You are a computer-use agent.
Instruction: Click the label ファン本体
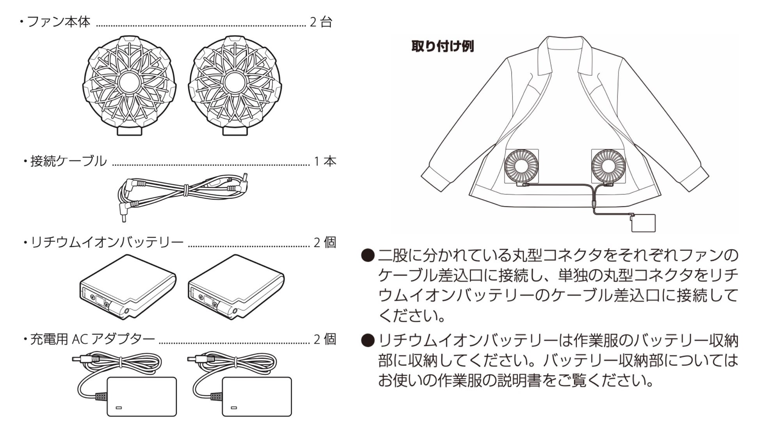[59, 22]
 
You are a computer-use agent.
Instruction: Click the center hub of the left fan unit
[129, 83]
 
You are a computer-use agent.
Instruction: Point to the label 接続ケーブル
[69, 161]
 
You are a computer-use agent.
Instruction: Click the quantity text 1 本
[325, 161]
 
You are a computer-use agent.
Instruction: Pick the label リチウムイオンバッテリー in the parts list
[107, 243]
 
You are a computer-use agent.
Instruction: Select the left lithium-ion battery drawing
[128, 286]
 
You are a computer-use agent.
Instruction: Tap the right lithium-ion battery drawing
[236, 286]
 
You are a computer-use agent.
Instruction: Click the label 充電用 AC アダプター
[92, 339]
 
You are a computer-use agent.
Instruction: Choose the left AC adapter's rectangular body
[141, 396]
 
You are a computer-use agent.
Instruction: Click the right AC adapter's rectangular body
[256, 396]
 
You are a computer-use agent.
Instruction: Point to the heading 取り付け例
[443, 46]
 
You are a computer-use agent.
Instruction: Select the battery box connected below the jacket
[643, 223]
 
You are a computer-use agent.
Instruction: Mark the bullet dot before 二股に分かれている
[367, 256]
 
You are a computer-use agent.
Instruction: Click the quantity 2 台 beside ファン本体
[321, 22]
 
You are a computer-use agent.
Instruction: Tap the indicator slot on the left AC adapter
[119, 408]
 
